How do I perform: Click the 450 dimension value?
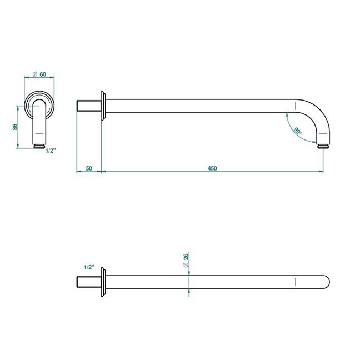pos(212,168)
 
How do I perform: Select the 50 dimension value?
pos(89,168)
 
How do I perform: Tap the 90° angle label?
pos(297,131)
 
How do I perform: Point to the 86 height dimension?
pos(15,127)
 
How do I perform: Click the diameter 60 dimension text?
pos(39,74)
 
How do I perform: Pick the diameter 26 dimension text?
pos(186,260)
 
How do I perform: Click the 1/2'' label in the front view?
pos(51,151)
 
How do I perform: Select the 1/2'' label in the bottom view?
pos(89,267)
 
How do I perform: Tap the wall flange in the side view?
pos(103,106)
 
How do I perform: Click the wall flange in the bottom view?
pos(103,282)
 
